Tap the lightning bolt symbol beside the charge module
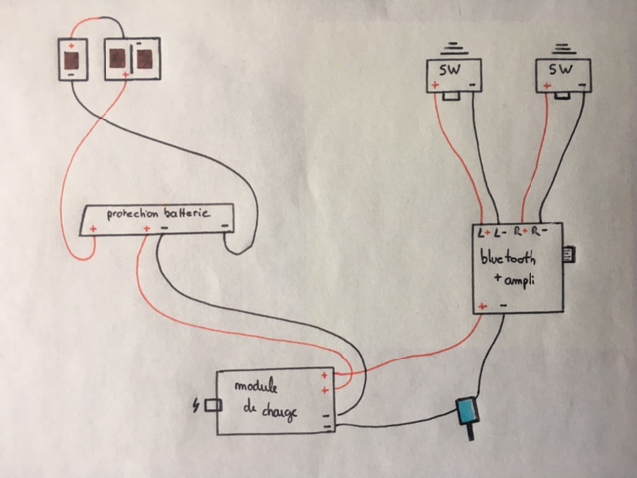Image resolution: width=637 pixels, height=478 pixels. click(x=197, y=405)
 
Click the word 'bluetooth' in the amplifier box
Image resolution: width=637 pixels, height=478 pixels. click(x=508, y=258)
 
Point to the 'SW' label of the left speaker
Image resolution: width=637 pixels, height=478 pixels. click(x=450, y=70)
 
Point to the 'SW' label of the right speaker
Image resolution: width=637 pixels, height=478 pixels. click(x=561, y=69)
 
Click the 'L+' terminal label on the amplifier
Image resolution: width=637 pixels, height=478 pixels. click(x=484, y=233)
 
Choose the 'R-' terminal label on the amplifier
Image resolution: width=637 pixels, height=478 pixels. click(x=540, y=231)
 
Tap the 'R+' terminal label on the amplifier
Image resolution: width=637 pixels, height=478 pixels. click(x=520, y=232)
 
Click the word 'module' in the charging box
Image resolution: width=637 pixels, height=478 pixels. click(x=256, y=385)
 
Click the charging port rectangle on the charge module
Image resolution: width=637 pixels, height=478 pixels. click(x=213, y=405)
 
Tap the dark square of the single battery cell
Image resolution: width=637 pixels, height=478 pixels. click(x=72, y=61)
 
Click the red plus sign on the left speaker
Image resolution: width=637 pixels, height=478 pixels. click(x=435, y=85)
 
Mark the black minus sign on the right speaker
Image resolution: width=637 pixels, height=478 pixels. click(x=582, y=85)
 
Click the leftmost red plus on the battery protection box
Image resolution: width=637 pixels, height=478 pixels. click(x=93, y=229)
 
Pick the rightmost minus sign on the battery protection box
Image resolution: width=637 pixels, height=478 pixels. click(x=225, y=226)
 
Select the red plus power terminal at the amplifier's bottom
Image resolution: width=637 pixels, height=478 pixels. click(x=483, y=306)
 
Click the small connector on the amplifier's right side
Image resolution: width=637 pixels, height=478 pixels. click(x=569, y=255)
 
